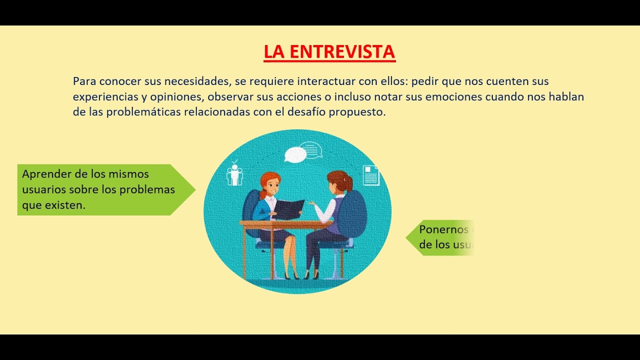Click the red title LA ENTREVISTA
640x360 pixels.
tap(329, 51)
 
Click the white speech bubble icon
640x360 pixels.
tap(295, 154)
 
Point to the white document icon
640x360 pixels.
tap(370, 175)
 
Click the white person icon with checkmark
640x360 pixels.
tap(234, 173)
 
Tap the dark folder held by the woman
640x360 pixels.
tap(288, 209)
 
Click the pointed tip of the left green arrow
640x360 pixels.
tap(194, 189)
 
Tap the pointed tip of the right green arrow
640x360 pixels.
tap(407, 237)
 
